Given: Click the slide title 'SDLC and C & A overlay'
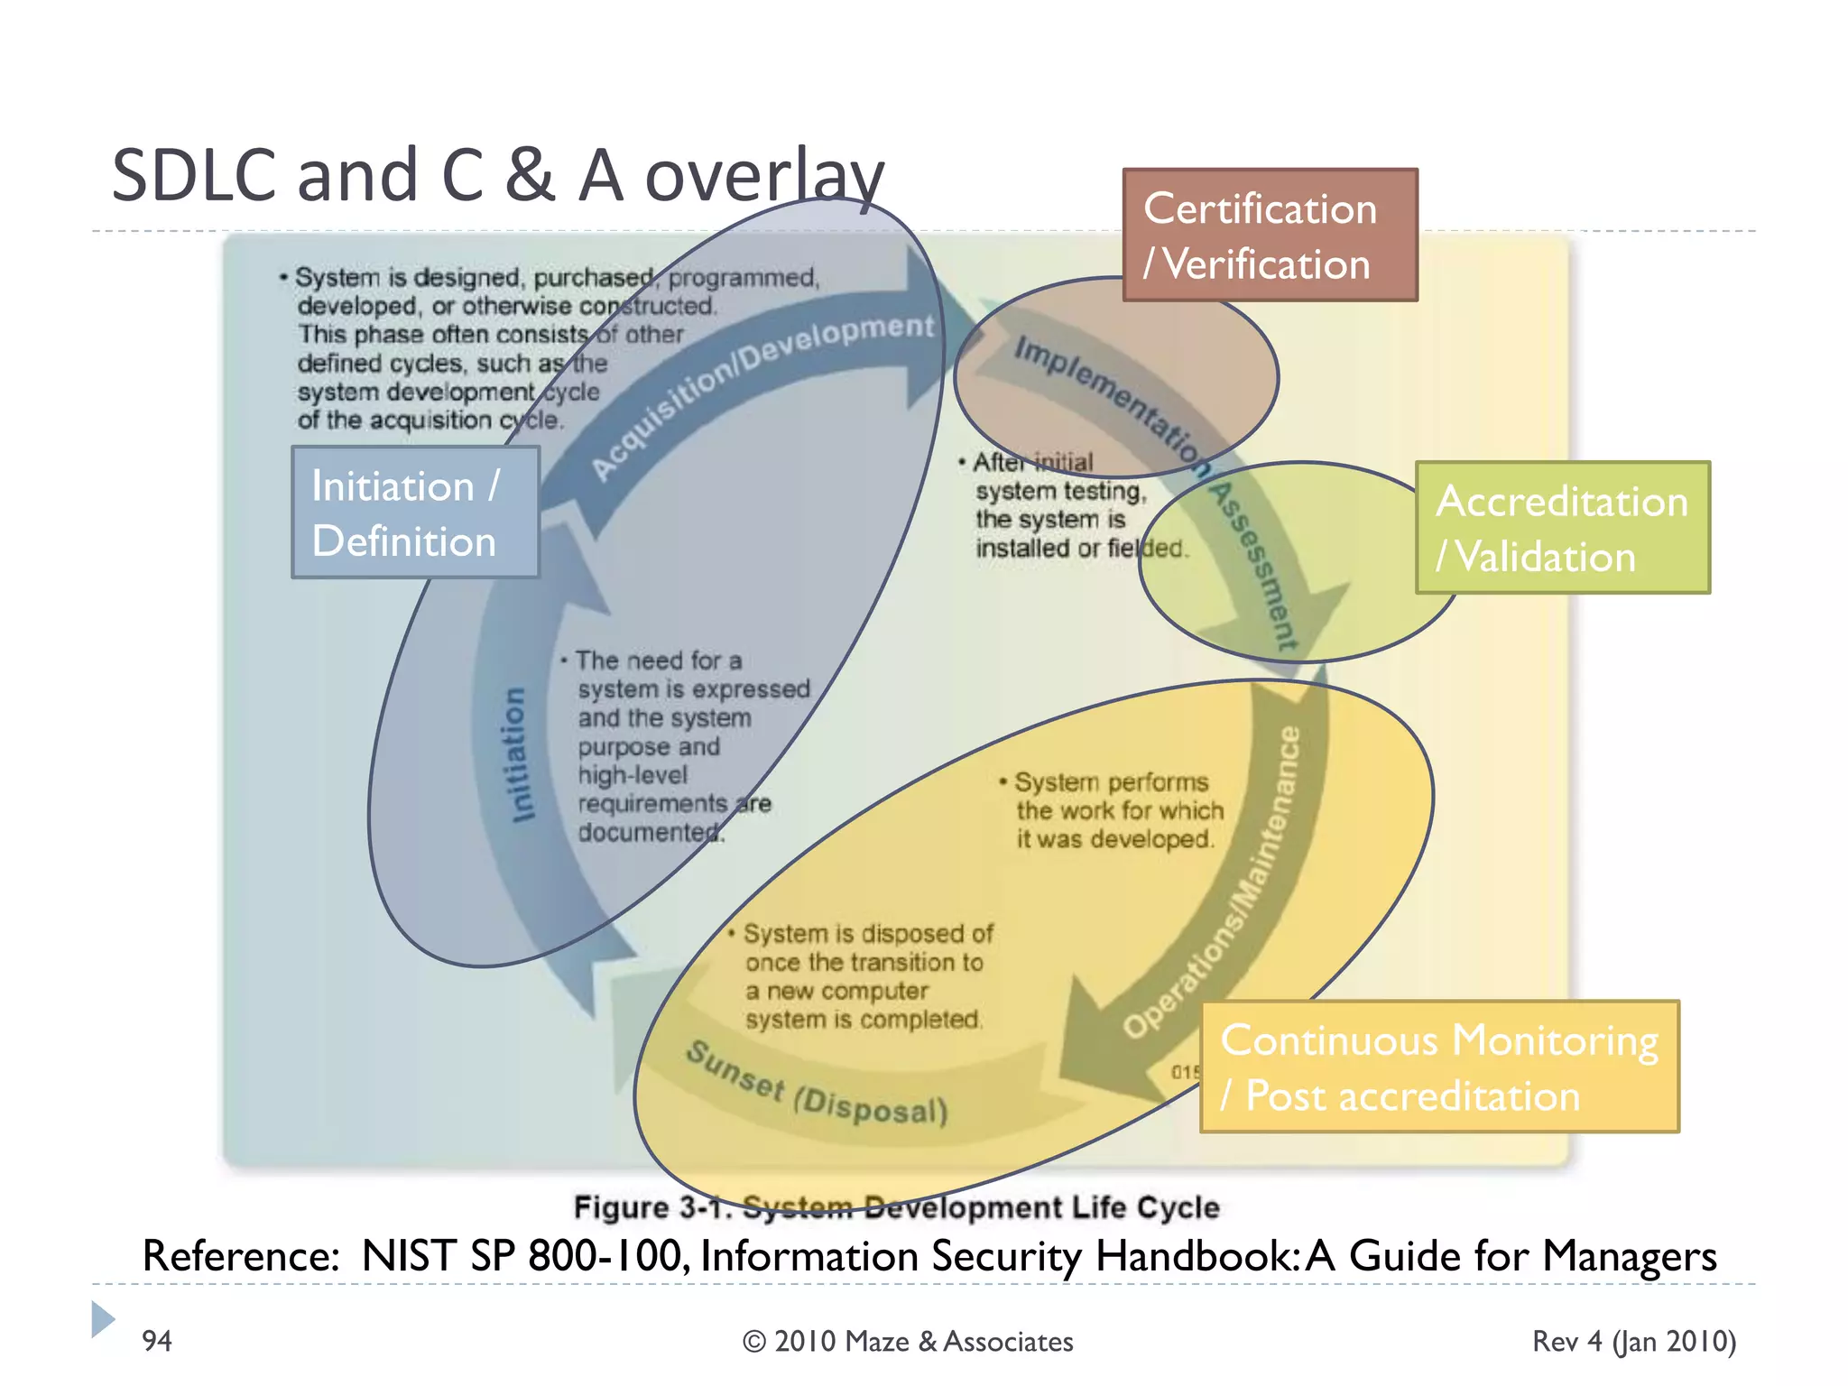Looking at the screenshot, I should [x=497, y=175].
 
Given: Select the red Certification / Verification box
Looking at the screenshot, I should [x=1270, y=236].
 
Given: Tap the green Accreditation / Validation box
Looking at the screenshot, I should [x=1562, y=528].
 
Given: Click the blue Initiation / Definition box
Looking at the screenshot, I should [x=415, y=513].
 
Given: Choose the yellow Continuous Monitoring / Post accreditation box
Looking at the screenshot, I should [x=1439, y=1067].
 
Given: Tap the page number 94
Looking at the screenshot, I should [x=157, y=1341].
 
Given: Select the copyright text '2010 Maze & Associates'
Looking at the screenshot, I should [x=908, y=1342].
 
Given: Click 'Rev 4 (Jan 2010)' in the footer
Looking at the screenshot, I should [x=1634, y=1342].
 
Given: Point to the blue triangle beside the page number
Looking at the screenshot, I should [x=102, y=1319].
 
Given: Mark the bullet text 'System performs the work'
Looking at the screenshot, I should [x=1115, y=810].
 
